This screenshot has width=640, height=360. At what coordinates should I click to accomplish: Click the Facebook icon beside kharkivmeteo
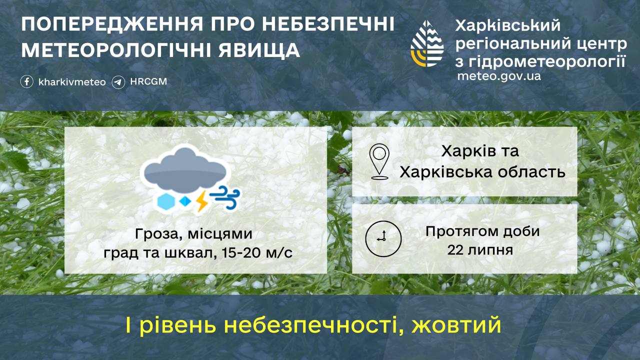27,81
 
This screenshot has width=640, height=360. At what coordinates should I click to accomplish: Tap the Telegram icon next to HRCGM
118,81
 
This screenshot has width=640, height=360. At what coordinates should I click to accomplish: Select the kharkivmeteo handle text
72,82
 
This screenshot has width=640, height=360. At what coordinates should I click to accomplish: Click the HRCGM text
148,81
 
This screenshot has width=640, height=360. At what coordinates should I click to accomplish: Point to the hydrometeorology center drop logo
426,44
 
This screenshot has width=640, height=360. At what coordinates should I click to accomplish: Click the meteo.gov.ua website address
498,76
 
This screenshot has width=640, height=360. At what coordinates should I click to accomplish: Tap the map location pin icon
379,161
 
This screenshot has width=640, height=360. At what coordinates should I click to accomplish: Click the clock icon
383,237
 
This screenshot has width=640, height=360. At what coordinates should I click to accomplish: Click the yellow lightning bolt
201,200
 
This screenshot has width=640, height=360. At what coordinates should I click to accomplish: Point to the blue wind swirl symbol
225,198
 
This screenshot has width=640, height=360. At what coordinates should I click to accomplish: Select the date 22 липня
480,249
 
